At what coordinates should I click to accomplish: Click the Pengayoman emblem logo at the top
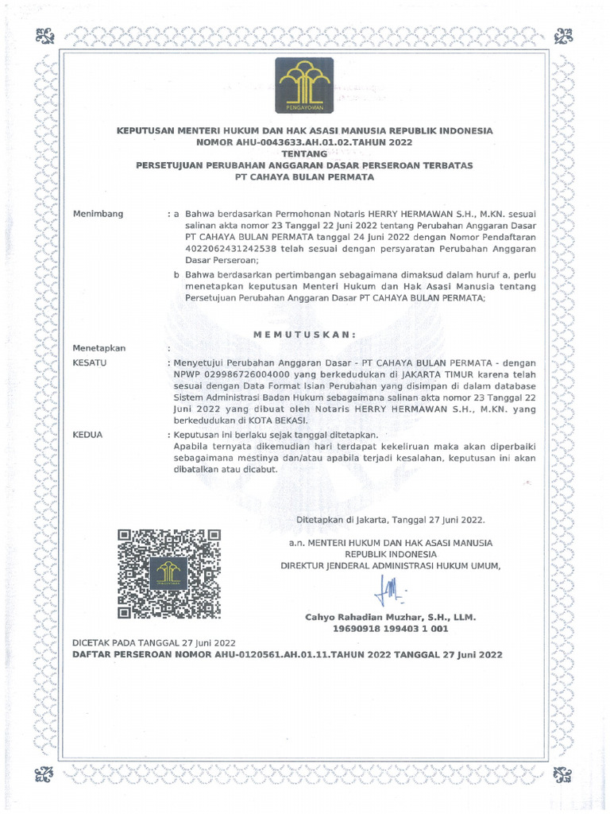pyautogui.click(x=305, y=84)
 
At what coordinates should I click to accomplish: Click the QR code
pyautogui.click(x=168, y=574)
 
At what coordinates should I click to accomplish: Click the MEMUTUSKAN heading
pyautogui.click(x=304, y=334)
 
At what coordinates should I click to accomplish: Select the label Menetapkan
pyautogui.click(x=99, y=348)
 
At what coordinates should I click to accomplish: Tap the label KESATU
pyautogui.click(x=90, y=362)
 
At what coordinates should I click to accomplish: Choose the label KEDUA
pyautogui.click(x=88, y=436)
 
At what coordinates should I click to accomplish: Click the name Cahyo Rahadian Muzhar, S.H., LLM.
pyautogui.click(x=390, y=617)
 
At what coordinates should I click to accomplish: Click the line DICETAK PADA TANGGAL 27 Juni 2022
pyautogui.click(x=154, y=642)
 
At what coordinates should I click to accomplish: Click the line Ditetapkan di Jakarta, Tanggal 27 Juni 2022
pyautogui.click(x=390, y=520)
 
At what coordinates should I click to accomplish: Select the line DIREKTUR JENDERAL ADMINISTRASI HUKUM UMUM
pyautogui.click(x=391, y=565)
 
